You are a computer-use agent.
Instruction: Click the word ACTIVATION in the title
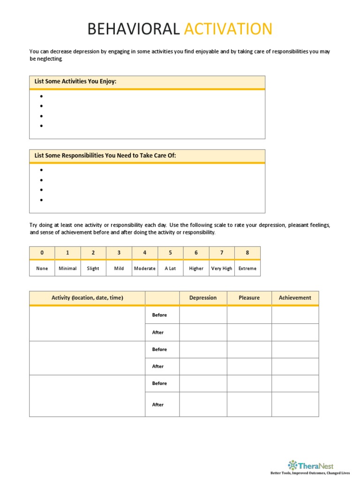(x=228, y=29)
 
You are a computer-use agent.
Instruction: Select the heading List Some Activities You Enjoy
(x=75, y=82)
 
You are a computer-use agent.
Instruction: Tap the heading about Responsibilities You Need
(x=105, y=155)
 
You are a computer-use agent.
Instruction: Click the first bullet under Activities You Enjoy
(x=42, y=97)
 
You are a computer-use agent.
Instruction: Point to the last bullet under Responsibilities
(x=42, y=200)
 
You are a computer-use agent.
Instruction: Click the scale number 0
(x=42, y=253)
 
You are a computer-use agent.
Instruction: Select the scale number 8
(x=247, y=253)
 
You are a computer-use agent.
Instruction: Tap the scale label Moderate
(x=145, y=269)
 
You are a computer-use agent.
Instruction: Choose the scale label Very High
(x=222, y=269)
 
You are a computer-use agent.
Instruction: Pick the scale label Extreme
(x=247, y=269)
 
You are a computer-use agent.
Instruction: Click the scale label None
(x=42, y=269)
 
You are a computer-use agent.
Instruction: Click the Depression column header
(x=203, y=298)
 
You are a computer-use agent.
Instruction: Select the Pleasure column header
(x=249, y=298)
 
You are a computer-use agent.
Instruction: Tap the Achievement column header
(x=295, y=298)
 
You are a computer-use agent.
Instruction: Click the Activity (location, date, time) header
(x=87, y=298)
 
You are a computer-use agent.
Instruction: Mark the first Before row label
(x=159, y=315)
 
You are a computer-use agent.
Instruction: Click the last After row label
(x=158, y=405)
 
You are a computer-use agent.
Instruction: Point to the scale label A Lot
(x=170, y=269)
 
